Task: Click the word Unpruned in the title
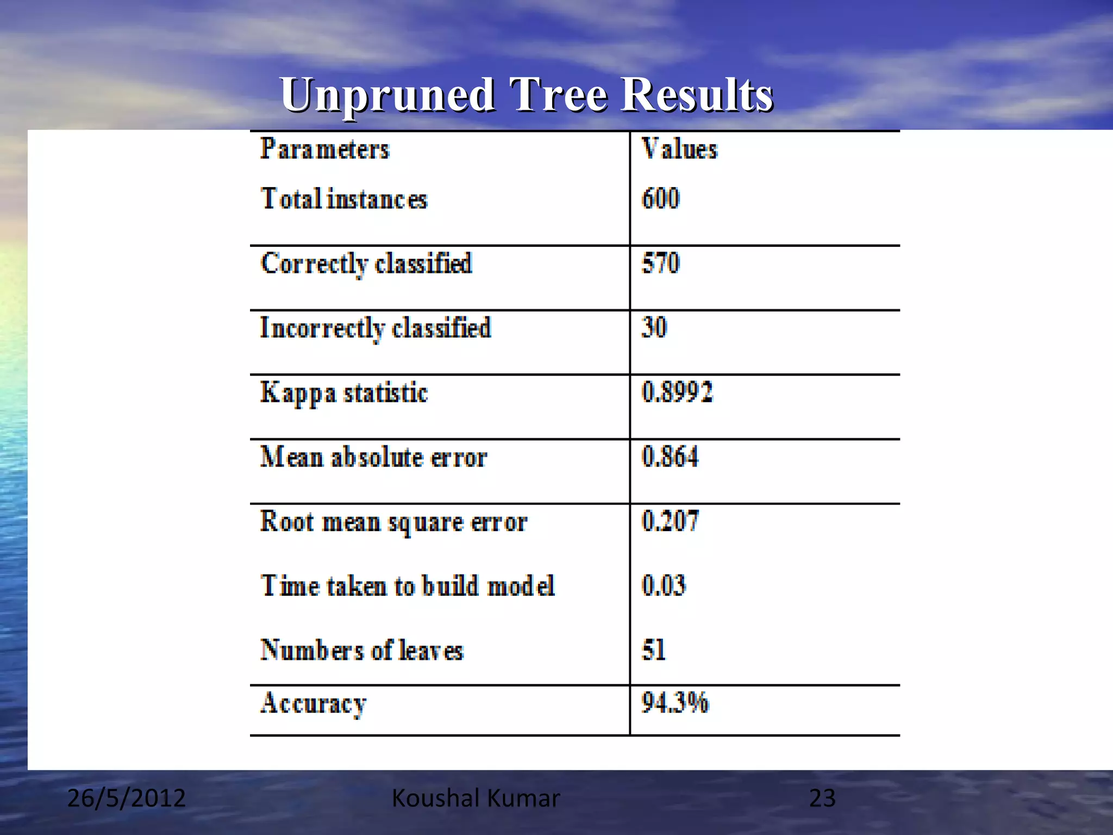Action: click(x=387, y=95)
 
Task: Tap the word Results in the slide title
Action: click(x=697, y=95)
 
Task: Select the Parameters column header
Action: click(x=325, y=149)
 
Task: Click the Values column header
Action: click(x=679, y=149)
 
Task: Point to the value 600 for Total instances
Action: click(x=660, y=198)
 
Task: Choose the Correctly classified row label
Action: click(x=366, y=264)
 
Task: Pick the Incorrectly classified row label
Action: click(x=376, y=328)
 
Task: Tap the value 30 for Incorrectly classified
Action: click(x=654, y=327)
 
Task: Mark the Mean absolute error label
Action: click(x=373, y=457)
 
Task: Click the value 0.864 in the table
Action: click(x=670, y=456)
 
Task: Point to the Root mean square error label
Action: click(x=393, y=522)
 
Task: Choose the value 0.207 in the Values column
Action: click(x=670, y=521)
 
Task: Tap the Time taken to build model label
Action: click(x=408, y=586)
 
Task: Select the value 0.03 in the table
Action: click(x=664, y=585)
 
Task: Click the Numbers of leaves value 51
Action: click(x=653, y=650)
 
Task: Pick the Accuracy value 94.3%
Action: click(x=675, y=702)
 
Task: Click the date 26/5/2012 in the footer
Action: click(x=126, y=798)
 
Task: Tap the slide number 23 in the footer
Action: click(x=822, y=798)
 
